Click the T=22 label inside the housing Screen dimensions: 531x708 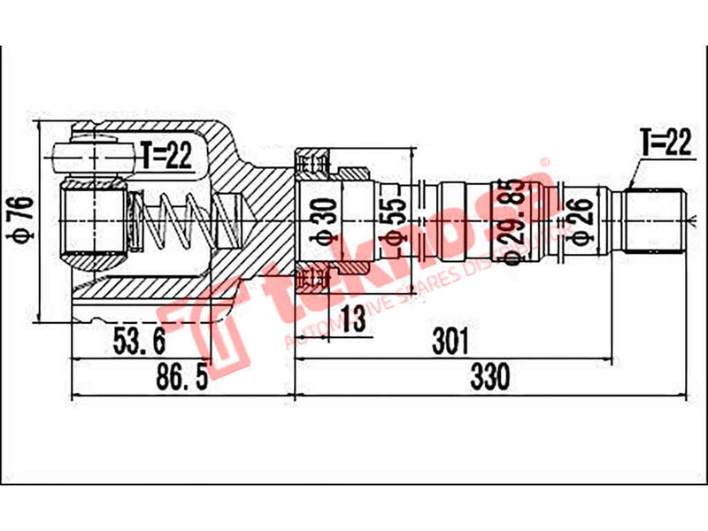pos(165,157)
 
